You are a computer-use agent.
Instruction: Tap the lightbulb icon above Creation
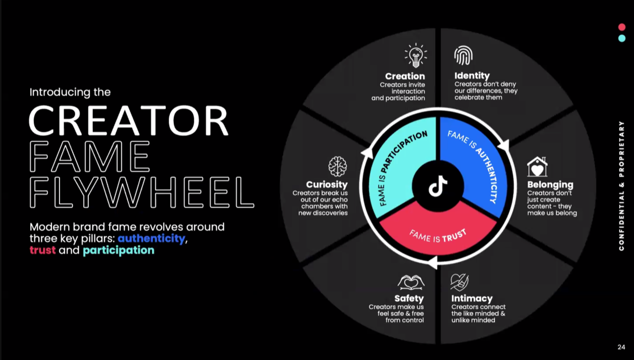416,55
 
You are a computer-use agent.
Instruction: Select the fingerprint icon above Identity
463,55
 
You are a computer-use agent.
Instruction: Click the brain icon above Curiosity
338,166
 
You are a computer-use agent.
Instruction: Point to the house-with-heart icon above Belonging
537,167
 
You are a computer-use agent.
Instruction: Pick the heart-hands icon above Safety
411,282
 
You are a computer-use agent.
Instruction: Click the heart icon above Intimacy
459,282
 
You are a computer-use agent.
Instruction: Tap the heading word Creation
405,76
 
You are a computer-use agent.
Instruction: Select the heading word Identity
472,76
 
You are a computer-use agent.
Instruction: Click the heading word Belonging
550,185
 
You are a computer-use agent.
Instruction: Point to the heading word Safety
409,299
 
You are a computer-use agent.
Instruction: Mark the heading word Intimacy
472,299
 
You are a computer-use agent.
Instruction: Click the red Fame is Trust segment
438,233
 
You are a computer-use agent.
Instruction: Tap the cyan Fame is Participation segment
399,163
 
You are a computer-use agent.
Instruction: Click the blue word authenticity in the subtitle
151,238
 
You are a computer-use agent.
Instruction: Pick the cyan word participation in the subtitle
118,250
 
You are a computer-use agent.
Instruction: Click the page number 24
621,347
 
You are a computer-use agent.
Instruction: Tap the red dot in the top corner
622,27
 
